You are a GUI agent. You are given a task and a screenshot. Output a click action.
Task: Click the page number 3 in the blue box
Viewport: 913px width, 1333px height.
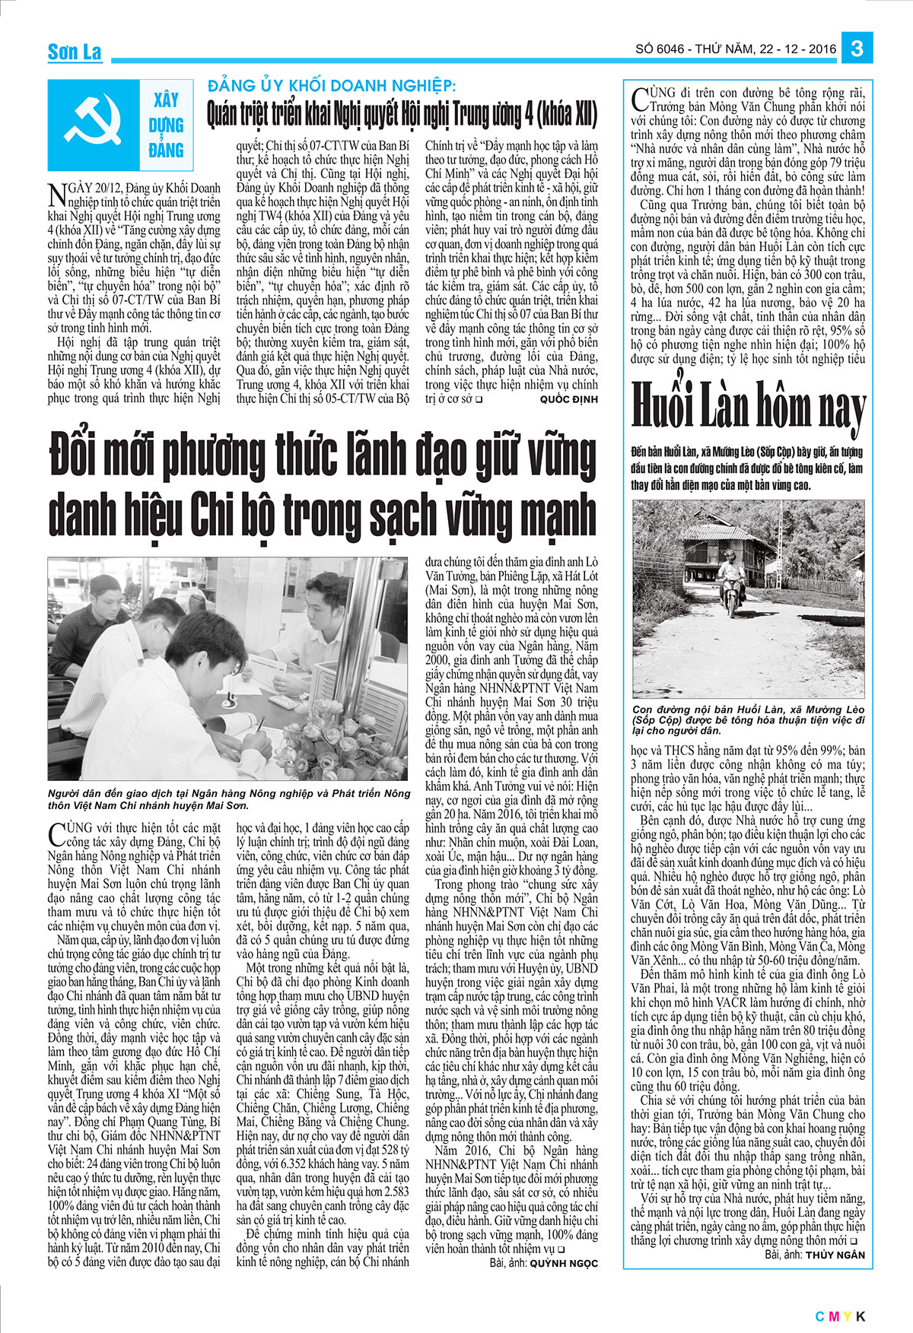(x=857, y=49)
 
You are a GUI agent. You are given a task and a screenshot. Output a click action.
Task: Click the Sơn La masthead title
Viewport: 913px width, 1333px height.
(x=74, y=52)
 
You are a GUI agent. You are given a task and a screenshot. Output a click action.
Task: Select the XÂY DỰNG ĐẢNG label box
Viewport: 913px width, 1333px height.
(x=165, y=124)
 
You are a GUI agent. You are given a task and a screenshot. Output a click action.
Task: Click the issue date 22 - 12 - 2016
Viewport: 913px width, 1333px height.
(x=797, y=49)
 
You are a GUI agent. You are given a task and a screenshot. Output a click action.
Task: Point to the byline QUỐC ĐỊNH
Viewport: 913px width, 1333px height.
(x=568, y=398)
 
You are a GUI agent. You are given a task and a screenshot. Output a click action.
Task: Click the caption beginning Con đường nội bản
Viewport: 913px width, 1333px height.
(x=749, y=719)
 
